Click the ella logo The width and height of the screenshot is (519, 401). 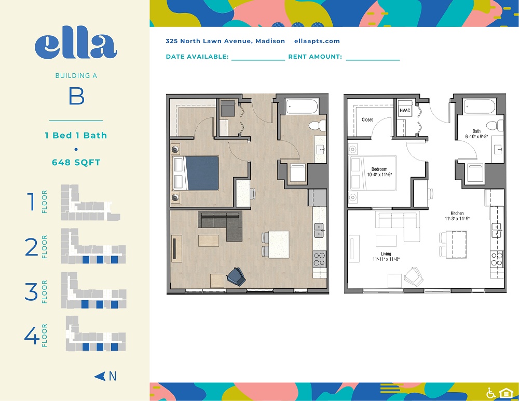tap(76, 46)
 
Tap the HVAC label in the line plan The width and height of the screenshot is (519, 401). tap(405, 110)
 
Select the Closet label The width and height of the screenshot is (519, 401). tap(367, 119)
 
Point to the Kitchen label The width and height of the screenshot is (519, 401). tap(457, 213)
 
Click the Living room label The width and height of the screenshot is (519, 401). tap(386, 253)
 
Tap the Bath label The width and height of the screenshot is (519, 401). tap(476, 131)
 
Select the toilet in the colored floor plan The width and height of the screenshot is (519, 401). tap(316, 126)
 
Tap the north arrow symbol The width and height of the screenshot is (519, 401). tap(100, 376)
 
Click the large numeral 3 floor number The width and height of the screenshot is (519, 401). tap(31, 291)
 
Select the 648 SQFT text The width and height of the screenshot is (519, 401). tap(76, 162)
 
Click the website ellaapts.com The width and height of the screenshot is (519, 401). tap(317, 41)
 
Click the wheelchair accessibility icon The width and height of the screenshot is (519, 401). tap(490, 393)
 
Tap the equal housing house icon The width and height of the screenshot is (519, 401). tap(504, 393)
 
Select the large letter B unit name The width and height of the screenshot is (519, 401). tap(76, 97)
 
